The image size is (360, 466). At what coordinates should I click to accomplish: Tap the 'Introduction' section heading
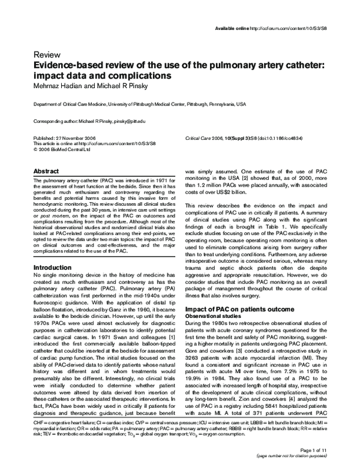56,267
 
